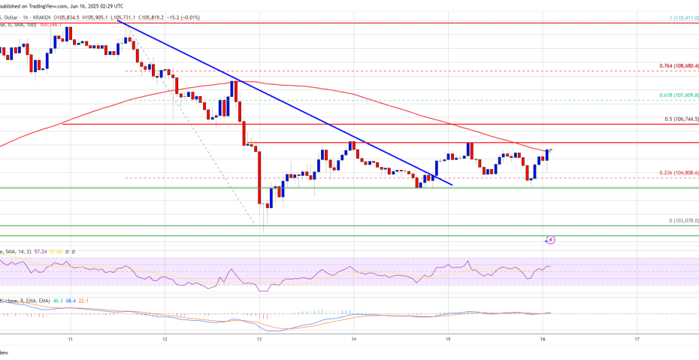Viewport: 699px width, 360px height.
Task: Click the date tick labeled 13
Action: (x=259, y=340)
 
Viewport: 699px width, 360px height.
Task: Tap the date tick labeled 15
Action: (x=448, y=340)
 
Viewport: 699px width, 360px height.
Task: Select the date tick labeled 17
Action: (x=637, y=340)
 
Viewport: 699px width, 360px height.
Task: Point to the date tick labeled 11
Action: (x=70, y=340)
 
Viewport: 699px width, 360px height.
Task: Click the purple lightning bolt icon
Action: (x=551, y=240)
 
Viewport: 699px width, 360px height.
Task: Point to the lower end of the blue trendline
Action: (x=453, y=183)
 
